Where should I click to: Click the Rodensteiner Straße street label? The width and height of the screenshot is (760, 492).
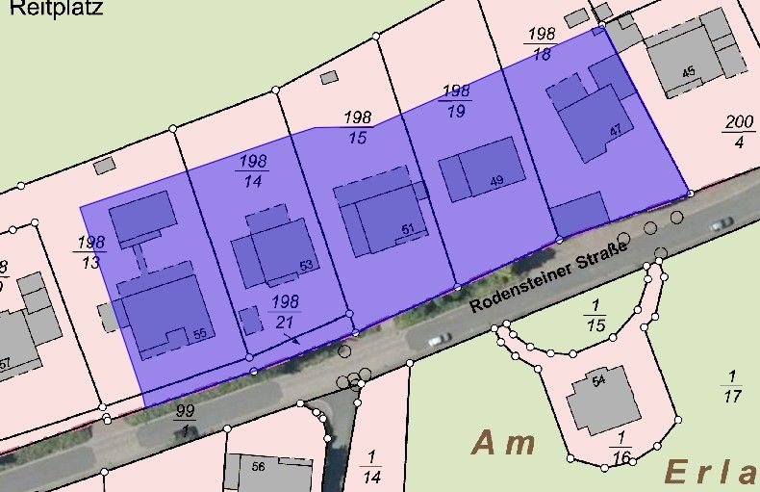pyautogui.click(x=548, y=277)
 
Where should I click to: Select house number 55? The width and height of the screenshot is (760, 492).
pyautogui.click(x=200, y=333)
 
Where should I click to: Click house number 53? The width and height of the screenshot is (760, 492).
pyautogui.click(x=306, y=265)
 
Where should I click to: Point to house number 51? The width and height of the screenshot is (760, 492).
pyautogui.click(x=407, y=229)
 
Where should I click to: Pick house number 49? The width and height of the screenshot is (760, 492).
pyautogui.click(x=496, y=181)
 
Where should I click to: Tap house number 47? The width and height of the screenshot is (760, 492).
pyautogui.click(x=615, y=129)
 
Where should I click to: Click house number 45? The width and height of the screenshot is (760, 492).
pyautogui.click(x=687, y=72)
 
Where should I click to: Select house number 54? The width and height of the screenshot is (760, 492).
pyautogui.click(x=598, y=382)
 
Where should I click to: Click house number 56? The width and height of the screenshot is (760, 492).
pyautogui.click(x=258, y=466)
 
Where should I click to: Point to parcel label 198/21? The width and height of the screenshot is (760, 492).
pyautogui.click(x=286, y=312)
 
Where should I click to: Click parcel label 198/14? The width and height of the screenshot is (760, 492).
pyautogui.click(x=253, y=170)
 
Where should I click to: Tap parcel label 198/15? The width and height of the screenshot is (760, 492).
pyautogui.click(x=358, y=127)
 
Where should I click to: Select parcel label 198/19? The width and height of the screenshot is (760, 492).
pyautogui.click(x=456, y=100)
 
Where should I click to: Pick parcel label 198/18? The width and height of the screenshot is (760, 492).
pyautogui.click(x=541, y=44)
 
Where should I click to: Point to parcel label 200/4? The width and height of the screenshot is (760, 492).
pyautogui.click(x=739, y=132)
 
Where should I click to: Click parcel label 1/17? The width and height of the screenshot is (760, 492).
pyautogui.click(x=732, y=385)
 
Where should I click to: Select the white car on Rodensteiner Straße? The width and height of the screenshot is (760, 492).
pyautogui.click(x=438, y=339)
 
